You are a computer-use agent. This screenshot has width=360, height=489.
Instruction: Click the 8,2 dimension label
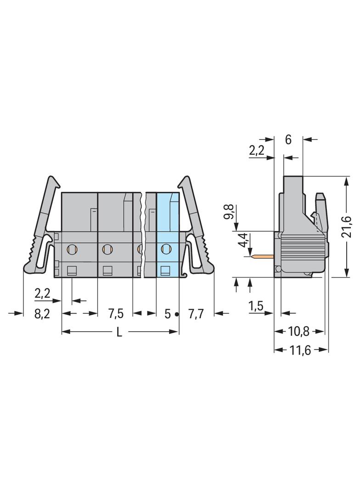pos(42,314)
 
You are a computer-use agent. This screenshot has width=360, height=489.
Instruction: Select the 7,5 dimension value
pos(116,314)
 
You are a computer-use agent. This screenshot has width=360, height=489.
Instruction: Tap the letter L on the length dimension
pos(119,333)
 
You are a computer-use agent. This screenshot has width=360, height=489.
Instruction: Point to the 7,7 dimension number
pos(196,314)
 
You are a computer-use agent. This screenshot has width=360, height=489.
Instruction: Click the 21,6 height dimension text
pos(347,227)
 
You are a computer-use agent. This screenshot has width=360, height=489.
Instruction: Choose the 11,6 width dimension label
pos(300,350)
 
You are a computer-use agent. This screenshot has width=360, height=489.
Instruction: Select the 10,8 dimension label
pos(298,332)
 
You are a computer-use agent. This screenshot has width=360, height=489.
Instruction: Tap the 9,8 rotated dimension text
pos(230,212)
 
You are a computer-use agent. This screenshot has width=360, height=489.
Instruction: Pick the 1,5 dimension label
pos(256,306)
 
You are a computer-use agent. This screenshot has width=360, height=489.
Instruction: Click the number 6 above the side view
pos(288,140)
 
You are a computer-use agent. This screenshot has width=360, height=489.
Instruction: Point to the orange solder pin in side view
pos(263,257)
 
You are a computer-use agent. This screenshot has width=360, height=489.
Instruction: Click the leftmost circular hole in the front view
pos(72,249)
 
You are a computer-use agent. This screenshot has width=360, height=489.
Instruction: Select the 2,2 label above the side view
pos(257,151)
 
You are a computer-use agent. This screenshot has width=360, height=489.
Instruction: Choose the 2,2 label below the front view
pos(42,294)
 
